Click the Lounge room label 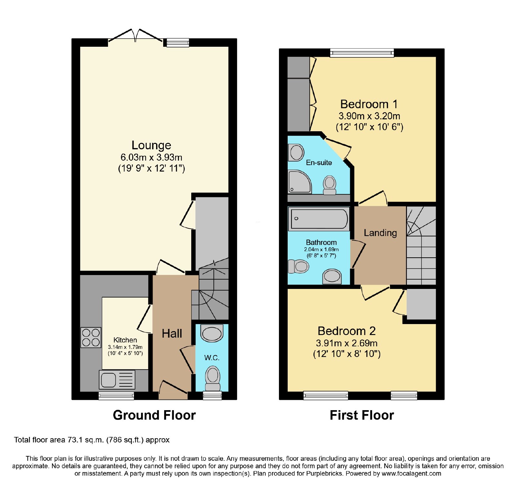pyautogui.click(x=151, y=145)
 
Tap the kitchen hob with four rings pyautogui.click(x=91, y=337)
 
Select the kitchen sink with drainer pyautogui.click(x=117, y=380)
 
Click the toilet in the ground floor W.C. pyautogui.click(x=213, y=378)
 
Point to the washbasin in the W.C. pyautogui.click(x=212, y=333)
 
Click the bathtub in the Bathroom pyautogui.click(x=319, y=219)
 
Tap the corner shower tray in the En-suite pyautogui.click(x=300, y=182)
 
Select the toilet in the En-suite pyautogui.click(x=330, y=185)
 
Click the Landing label pyautogui.click(x=380, y=233)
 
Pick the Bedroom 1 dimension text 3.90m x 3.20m pyautogui.click(x=369, y=116)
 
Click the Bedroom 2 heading pyautogui.click(x=347, y=331)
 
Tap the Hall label pyautogui.click(x=172, y=333)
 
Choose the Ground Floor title pyautogui.click(x=154, y=415)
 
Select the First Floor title pyautogui.click(x=362, y=415)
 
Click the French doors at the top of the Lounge pyautogui.click(x=135, y=35)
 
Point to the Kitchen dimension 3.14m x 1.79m pyautogui.click(x=125, y=347)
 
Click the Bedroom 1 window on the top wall pyautogui.click(x=362, y=53)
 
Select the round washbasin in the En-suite pyautogui.click(x=297, y=153)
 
